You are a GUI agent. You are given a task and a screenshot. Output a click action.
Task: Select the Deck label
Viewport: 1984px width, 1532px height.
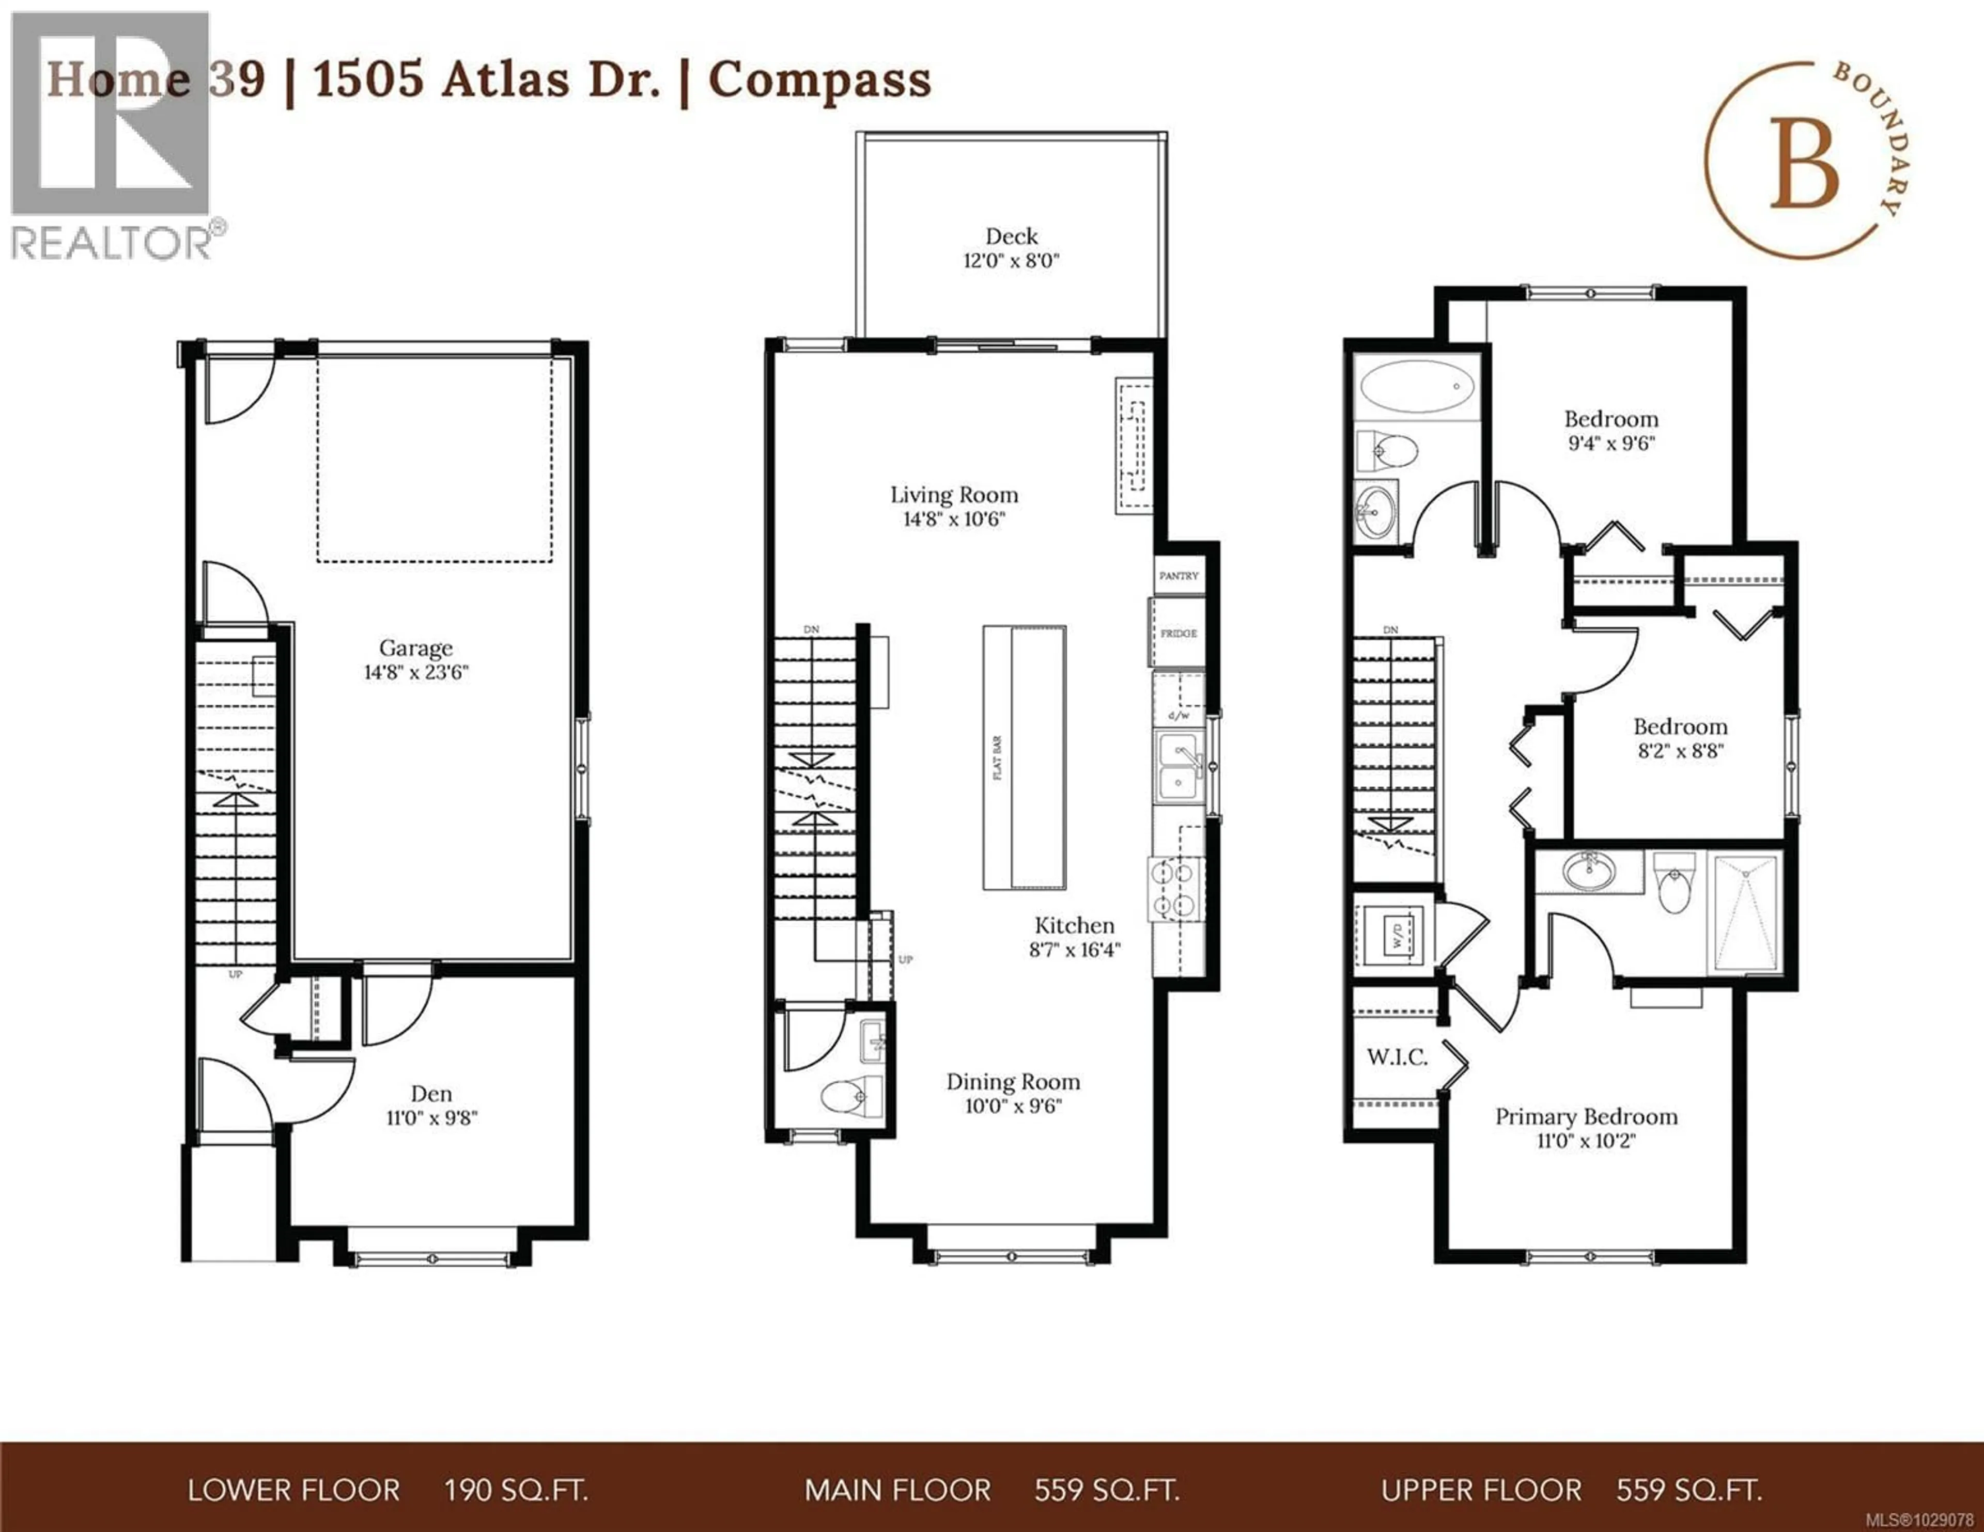click(1011, 236)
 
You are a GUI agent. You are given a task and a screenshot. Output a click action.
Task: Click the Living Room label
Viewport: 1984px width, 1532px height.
click(954, 495)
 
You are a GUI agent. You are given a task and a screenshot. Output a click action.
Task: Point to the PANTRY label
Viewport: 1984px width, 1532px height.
click(1178, 576)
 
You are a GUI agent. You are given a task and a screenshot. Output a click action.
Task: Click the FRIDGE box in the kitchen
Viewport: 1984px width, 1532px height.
click(1178, 633)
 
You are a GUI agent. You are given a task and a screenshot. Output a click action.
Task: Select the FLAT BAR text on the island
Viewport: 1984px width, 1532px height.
click(998, 759)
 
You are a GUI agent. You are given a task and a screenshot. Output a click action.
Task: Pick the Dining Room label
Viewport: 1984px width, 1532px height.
click(1013, 1082)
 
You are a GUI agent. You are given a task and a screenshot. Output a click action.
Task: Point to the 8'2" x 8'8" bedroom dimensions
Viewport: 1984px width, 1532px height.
click(1680, 751)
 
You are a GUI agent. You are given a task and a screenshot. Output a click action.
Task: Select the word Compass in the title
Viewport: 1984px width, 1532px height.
click(819, 80)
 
